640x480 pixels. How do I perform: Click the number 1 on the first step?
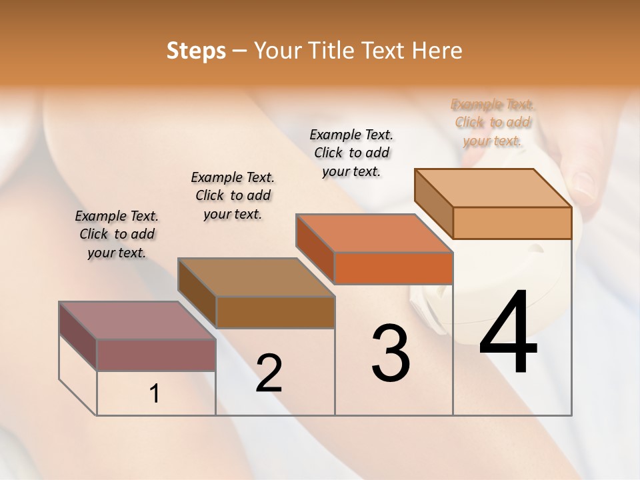(155, 394)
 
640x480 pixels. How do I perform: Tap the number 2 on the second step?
(269, 373)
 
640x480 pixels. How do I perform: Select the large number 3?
(391, 353)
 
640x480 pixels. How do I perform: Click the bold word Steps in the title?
(196, 51)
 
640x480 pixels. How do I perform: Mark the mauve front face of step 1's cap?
(156, 355)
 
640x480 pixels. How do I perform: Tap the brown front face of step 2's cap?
(275, 312)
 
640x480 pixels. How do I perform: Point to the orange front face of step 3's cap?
(393, 268)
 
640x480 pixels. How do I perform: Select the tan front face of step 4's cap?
(512, 223)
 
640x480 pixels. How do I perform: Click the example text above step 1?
(117, 234)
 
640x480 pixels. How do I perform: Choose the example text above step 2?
(233, 195)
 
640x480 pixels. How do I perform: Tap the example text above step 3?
(351, 153)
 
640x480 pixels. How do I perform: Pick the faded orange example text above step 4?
(493, 122)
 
